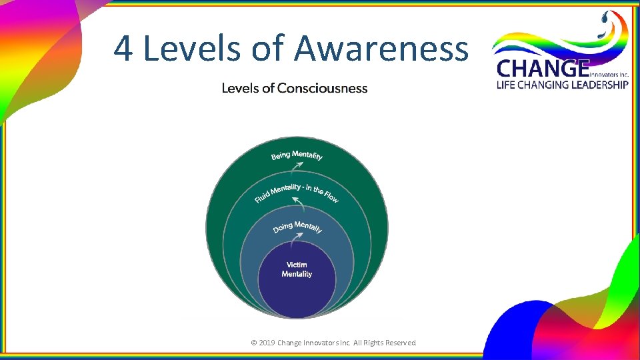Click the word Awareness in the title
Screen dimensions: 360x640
(x=381, y=49)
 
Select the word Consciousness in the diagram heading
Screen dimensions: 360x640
(x=322, y=88)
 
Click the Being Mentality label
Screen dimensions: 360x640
(x=297, y=155)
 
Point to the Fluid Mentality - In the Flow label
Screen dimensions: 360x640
(x=297, y=192)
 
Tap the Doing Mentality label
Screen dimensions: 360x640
(x=297, y=227)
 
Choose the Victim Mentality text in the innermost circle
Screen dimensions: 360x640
(x=297, y=269)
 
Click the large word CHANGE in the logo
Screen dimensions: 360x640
(x=543, y=69)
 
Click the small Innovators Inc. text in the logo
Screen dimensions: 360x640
(x=609, y=75)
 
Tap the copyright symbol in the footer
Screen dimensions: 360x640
(x=253, y=343)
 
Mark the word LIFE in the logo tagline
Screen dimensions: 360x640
(x=506, y=85)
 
